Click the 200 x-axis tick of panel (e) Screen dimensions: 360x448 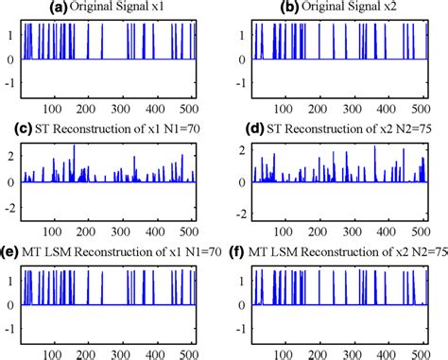pos(84,353)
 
